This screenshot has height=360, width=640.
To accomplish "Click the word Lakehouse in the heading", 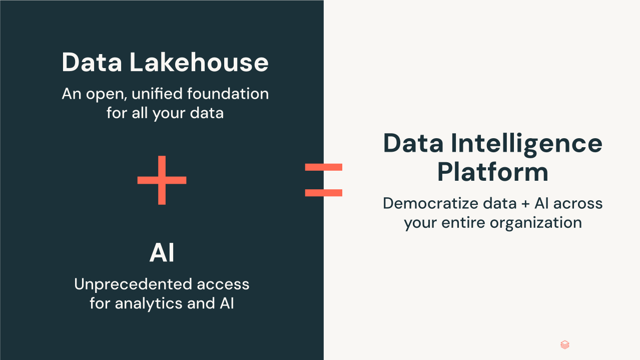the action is pyautogui.click(x=199, y=62).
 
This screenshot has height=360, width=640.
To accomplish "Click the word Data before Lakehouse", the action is pyautogui.click(x=92, y=62).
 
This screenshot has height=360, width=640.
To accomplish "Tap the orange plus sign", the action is pyautogui.click(x=162, y=180).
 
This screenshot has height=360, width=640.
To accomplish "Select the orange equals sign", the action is pyautogui.click(x=323, y=180).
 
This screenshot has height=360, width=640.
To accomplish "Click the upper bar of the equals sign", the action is pyautogui.click(x=323, y=167).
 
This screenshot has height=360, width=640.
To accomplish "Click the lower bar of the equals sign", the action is pyautogui.click(x=323, y=193).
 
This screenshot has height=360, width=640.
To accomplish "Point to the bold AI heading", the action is pyautogui.click(x=162, y=252).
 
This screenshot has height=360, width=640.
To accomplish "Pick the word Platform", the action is pyautogui.click(x=492, y=172).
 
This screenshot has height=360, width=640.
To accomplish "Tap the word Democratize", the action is pyautogui.click(x=430, y=204).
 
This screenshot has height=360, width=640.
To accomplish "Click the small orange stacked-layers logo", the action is pyautogui.click(x=565, y=345).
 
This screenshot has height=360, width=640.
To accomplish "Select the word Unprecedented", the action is pyautogui.click(x=133, y=284).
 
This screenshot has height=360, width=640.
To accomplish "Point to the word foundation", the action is pyautogui.click(x=228, y=94).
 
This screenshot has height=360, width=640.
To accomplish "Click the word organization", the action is pyautogui.click(x=536, y=223).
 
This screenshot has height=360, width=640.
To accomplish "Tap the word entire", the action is pyautogui.click(x=463, y=222).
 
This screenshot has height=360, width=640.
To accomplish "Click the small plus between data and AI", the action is pyautogui.click(x=525, y=204).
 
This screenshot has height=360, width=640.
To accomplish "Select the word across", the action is pyautogui.click(x=578, y=204).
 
